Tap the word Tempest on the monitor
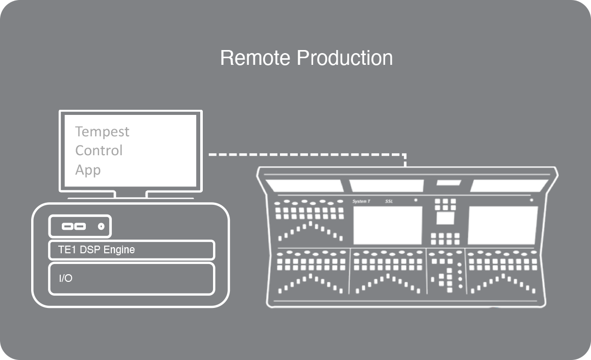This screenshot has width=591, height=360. pyautogui.click(x=102, y=132)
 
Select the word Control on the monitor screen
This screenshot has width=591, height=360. pyautogui.click(x=99, y=151)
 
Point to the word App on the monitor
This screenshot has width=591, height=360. pyautogui.click(x=88, y=170)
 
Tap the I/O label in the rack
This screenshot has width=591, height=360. pyautogui.click(x=65, y=278)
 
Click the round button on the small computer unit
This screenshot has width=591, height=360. pyautogui.click(x=101, y=226)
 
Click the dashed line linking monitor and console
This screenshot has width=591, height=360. pyautogui.click(x=306, y=154)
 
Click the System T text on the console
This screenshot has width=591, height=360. pyautogui.click(x=361, y=202)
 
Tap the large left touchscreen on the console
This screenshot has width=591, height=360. pyautogui.click(x=388, y=225)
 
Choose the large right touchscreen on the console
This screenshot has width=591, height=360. pyautogui.click(x=502, y=225)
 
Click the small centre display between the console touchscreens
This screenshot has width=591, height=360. pyautogui.click(x=445, y=219)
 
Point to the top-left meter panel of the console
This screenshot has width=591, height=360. pyautogui.click(x=304, y=186)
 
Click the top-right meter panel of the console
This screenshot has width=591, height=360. pyautogui.click(x=508, y=186)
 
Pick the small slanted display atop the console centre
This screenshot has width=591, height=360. pyautogui.click(x=448, y=183)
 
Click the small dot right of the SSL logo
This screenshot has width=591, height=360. pyautogui.click(x=416, y=201)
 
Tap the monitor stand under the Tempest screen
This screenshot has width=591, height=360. pyautogui.click(x=130, y=195)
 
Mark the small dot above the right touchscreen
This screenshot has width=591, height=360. pyautogui.click(x=532, y=201)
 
